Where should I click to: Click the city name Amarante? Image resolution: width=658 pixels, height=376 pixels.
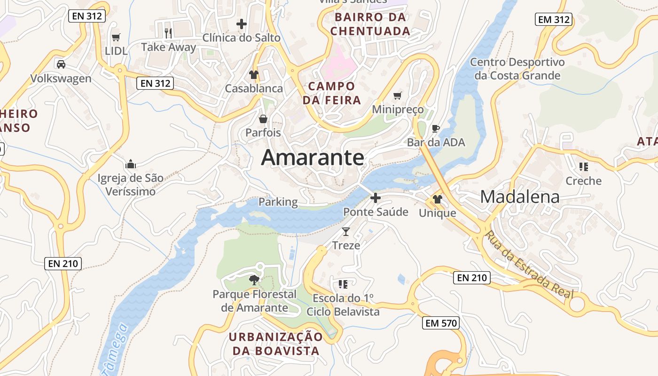313,157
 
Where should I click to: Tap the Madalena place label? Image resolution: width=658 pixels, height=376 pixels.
520,197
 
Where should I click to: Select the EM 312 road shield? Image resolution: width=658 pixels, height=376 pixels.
553,19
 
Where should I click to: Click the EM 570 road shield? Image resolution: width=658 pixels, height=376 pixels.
440,323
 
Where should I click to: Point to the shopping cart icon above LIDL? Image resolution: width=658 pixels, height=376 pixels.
116,37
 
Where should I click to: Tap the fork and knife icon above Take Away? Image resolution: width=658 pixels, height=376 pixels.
168,33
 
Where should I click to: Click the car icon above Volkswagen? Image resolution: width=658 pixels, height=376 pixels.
61,64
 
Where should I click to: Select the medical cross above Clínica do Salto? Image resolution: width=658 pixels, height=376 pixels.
242,23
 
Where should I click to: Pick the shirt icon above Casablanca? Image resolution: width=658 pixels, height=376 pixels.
254,74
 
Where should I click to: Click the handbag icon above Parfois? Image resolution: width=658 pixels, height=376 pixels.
263,118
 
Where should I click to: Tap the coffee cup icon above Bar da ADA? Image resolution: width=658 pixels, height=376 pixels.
436,128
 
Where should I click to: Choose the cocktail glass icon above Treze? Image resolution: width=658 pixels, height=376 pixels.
346,231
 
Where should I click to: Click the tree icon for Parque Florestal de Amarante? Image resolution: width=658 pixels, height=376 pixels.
254,280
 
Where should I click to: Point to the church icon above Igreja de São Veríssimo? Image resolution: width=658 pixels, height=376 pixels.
131,164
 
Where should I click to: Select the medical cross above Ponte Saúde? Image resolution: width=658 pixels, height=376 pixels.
376,198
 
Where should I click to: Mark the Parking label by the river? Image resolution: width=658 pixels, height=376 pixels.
278,202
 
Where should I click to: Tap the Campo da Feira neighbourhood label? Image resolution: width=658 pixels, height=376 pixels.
332,93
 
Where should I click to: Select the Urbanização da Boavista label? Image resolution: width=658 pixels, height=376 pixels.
276,344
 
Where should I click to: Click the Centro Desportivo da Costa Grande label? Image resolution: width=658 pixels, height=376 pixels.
517,69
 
